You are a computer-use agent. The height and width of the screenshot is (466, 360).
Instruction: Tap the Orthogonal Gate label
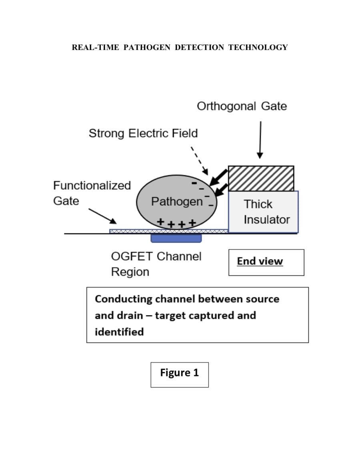coord(242,106)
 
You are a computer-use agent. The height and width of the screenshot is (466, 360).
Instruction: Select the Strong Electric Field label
coord(143,133)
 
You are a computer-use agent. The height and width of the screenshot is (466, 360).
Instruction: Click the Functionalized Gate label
coord(92,193)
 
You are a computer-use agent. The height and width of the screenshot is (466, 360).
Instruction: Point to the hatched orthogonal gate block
coord(261,178)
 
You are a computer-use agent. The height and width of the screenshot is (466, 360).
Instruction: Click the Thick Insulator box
coord(263,212)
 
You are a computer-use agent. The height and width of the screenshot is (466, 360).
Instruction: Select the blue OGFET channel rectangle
coord(176,238)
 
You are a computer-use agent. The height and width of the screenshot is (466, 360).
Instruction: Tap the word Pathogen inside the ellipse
coord(177,201)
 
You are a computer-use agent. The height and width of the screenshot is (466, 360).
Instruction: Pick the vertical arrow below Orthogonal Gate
coord(260,140)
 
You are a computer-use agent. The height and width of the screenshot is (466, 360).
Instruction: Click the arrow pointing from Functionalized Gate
coord(102,216)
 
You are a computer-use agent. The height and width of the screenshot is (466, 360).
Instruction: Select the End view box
coord(266,262)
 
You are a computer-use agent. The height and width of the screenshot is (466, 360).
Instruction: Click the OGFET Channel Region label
coord(156,264)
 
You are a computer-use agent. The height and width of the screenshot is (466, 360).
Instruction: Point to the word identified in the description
coord(119,332)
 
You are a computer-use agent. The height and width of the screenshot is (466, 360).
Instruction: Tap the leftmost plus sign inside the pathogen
coord(160,221)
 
